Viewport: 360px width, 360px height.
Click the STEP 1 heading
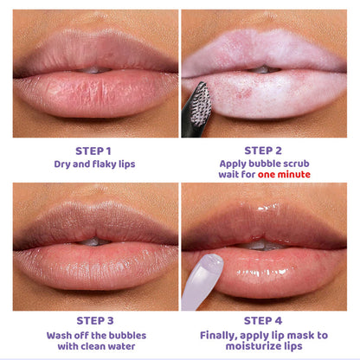pyautogui.click(x=93, y=151)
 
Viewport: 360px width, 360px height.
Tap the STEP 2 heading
pyautogui.click(x=263, y=151)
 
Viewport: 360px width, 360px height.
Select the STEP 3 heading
pyautogui.click(x=95, y=321)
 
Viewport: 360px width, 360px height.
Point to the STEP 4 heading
pyautogui.click(x=263, y=321)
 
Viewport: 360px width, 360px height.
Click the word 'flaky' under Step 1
pyautogui.click(x=105, y=164)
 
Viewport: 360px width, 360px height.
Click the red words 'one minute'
pyautogui.click(x=284, y=175)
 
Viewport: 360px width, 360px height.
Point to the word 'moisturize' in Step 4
pyautogui.click(x=249, y=346)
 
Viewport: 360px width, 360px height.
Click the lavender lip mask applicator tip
pyautogui.click(x=213, y=263)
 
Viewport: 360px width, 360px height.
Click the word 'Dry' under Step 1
pyautogui.click(x=62, y=164)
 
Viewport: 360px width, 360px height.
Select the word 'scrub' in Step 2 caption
pyautogui.click(x=296, y=164)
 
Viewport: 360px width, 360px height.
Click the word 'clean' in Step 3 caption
pyautogui.click(x=93, y=346)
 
